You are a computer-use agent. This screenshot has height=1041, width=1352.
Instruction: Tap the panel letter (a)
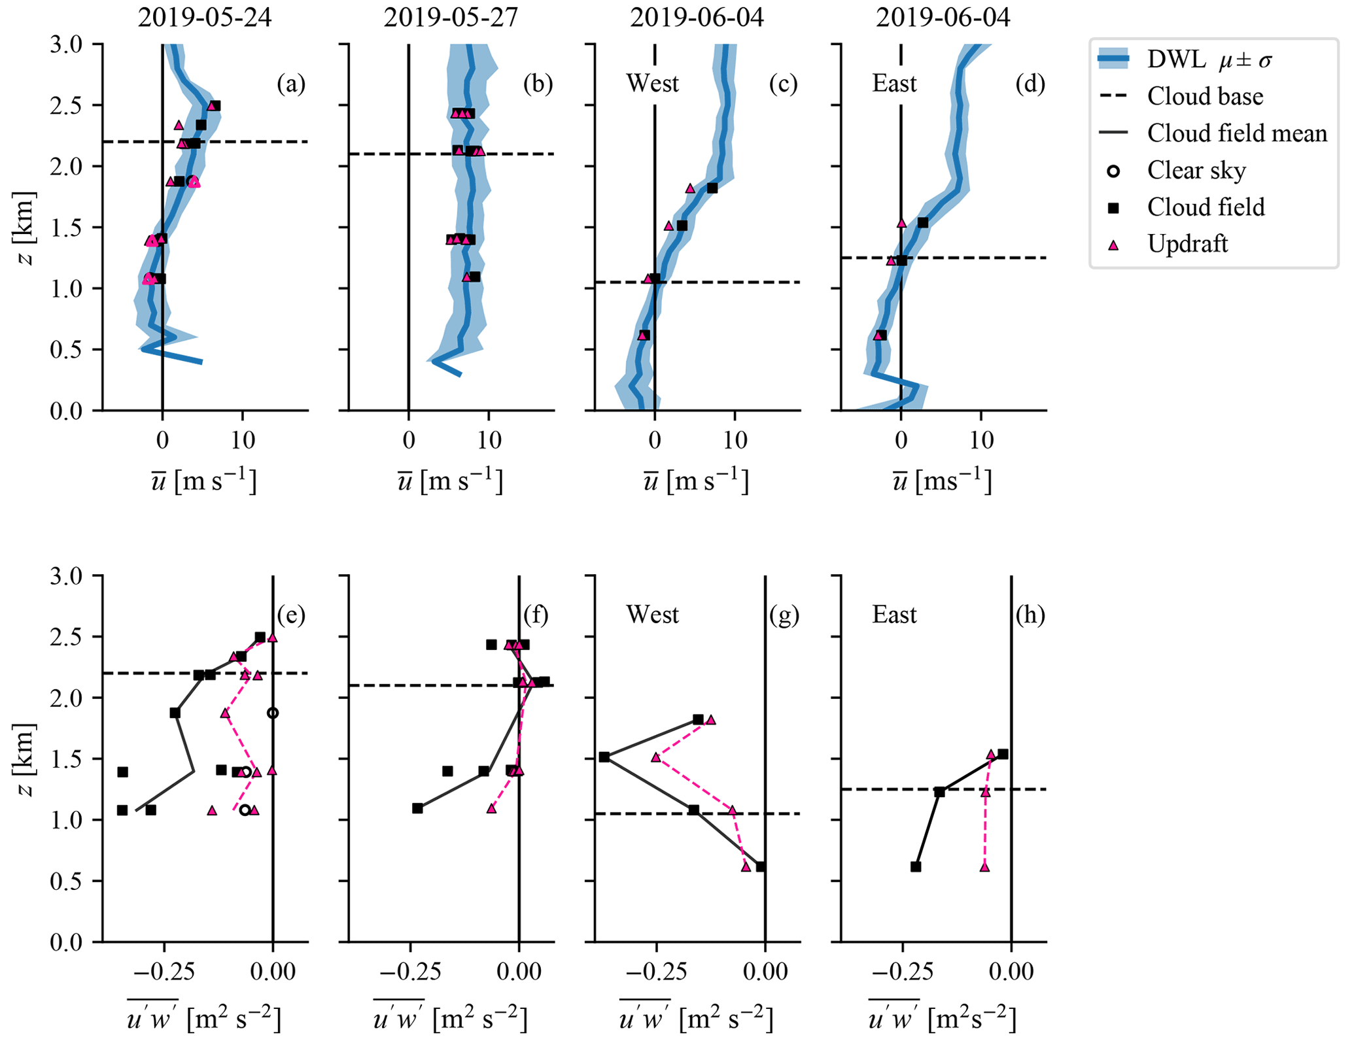290,84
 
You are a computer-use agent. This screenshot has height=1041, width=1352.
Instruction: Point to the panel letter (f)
536,615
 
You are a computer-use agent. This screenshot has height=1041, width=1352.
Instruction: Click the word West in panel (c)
652,84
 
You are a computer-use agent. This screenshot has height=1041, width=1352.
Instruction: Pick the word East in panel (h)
894,615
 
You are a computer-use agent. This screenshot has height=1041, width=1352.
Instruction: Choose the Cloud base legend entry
1205,97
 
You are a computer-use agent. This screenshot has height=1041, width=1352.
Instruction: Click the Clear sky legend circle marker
1113,171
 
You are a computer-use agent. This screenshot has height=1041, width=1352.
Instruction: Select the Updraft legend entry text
1187,244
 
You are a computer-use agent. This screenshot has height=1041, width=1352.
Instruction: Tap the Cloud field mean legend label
1237,133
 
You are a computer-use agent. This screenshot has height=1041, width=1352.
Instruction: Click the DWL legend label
1175,60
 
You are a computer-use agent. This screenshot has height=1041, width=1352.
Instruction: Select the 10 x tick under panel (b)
489,440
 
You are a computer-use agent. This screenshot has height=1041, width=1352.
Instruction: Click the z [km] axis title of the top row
24,228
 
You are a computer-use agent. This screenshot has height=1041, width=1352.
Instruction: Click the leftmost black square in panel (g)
604,757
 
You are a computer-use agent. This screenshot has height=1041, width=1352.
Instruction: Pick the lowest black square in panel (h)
916,867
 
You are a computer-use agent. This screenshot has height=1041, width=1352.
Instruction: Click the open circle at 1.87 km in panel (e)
273,713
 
